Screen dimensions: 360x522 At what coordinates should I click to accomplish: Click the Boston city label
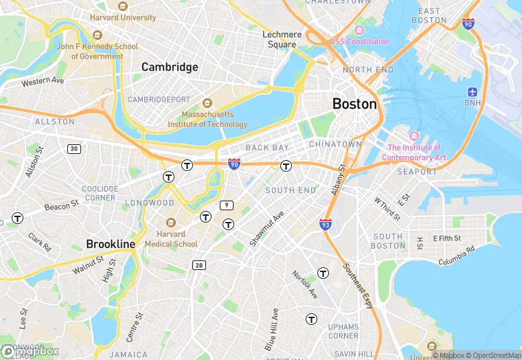pyautogui.click(x=354, y=104)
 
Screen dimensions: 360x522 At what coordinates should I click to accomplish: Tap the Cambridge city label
pyautogui.click(x=170, y=67)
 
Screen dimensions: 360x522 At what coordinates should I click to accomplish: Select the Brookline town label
pyautogui.click(x=111, y=245)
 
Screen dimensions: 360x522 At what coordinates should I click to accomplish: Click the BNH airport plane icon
pyautogui.click(x=473, y=92)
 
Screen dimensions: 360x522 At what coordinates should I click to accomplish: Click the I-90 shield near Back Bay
pyautogui.click(x=234, y=164)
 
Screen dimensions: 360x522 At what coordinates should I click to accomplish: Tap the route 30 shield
pyautogui.click(x=73, y=148)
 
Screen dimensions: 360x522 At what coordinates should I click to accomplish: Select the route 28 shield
pyautogui.click(x=199, y=265)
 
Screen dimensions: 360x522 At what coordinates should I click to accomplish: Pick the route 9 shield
pyautogui.click(x=226, y=205)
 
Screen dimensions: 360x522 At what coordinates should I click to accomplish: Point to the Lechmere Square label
pyautogui.click(x=282, y=40)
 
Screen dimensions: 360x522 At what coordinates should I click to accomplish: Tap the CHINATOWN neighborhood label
pyautogui.click(x=335, y=144)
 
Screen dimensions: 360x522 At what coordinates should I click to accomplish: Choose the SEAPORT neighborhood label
pyautogui.click(x=417, y=172)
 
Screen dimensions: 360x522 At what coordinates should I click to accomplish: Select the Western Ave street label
pyautogui.click(x=43, y=82)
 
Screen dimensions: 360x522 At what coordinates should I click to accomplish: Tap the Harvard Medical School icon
pyautogui.click(x=170, y=223)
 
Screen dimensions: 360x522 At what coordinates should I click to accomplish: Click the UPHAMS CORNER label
pyautogui.click(x=343, y=330)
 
